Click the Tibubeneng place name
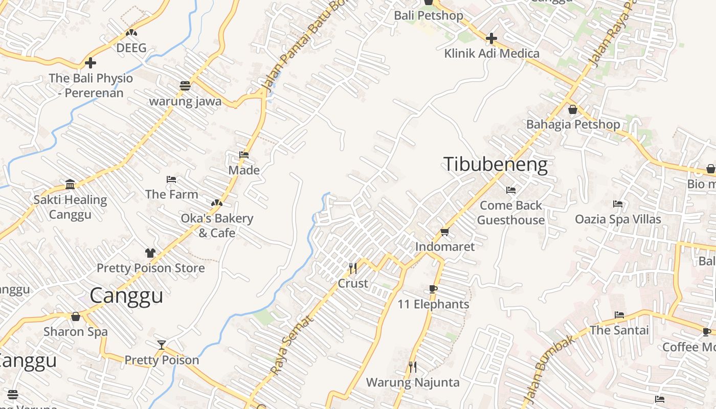(x=495, y=165)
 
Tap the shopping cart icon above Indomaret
(x=445, y=232)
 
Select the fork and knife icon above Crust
(x=352, y=268)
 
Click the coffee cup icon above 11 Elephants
(x=433, y=289)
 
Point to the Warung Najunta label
(x=413, y=382)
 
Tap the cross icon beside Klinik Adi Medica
(x=491, y=38)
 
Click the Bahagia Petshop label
(x=573, y=124)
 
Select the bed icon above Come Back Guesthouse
(x=510, y=190)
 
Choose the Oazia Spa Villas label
(x=618, y=219)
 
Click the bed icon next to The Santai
(x=619, y=315)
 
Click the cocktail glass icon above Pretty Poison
(x=162, y=345)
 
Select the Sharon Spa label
(x=76, y=332)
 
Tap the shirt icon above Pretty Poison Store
(x=150, y=253)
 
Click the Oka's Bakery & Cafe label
(x=217, y=225)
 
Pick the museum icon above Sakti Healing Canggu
(x=70, y=185)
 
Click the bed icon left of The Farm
(x=171, y=179)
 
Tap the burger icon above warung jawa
(x=185, y=86)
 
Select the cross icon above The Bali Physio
(x=91, y=63)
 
